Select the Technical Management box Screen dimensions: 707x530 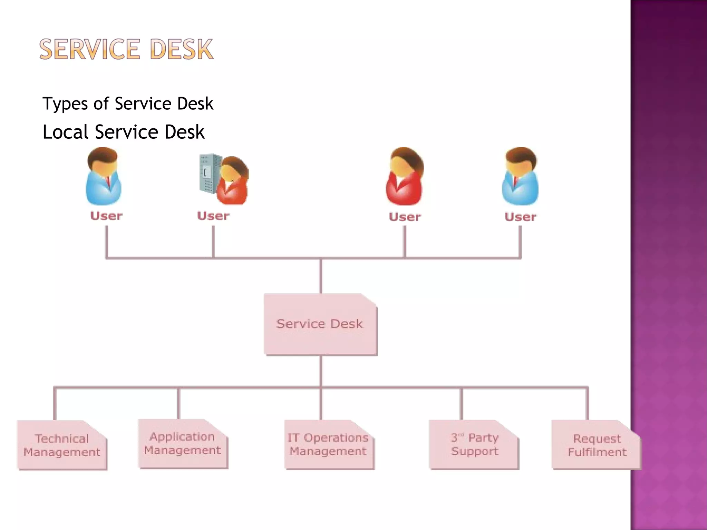[62, 445]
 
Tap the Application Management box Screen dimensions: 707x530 [183, 443]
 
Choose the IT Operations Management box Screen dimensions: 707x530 [328, 444]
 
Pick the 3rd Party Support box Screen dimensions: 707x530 [474, 444]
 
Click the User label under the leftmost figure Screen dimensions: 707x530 [106, 216]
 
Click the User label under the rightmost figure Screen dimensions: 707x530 [520, 217]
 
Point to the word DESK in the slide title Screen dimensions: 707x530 [182, 50]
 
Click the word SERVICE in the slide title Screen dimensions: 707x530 [90, 50]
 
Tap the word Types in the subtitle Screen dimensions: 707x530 [65, 104]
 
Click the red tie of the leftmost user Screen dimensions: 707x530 [108, 181]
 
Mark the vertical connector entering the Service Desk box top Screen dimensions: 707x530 [321, 276]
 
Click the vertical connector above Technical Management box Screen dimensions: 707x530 [55, 404]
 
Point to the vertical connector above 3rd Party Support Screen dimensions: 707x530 [461, 404]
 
